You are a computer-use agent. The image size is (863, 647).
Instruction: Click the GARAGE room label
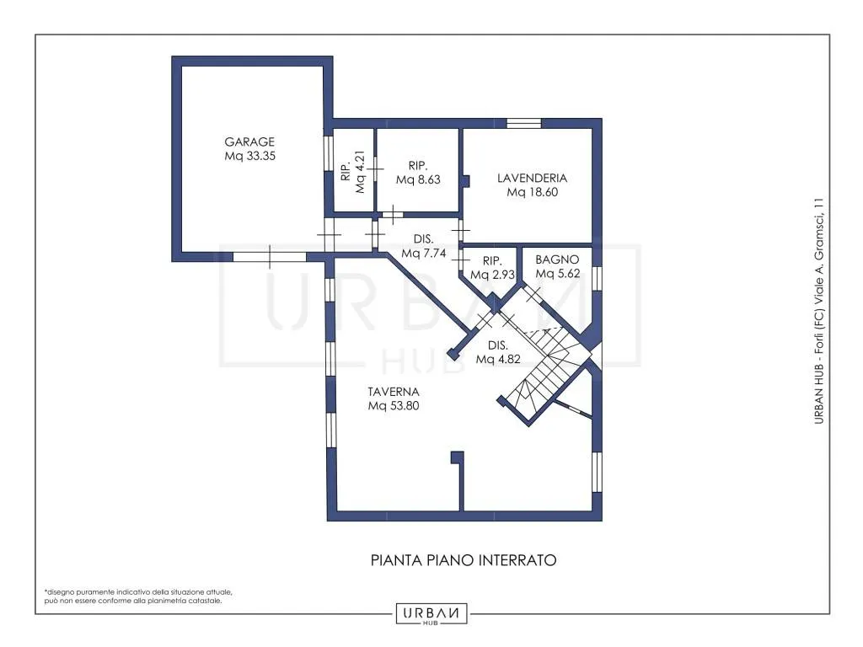[249, 142]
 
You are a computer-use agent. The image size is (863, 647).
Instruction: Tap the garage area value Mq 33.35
[249, 156]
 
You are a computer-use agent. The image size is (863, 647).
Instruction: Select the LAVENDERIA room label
[532, 179]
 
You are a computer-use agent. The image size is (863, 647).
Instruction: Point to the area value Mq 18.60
[533, 193]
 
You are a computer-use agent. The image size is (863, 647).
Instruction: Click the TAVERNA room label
[394, 392]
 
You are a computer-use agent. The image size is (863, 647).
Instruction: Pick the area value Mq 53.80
[394, 406]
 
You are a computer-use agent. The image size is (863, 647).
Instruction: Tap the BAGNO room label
[557, 259]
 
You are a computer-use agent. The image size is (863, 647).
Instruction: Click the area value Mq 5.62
[558, 274]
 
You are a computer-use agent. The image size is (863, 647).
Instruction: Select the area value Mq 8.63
[418, 180]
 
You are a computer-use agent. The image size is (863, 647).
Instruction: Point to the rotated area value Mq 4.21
[361, 172]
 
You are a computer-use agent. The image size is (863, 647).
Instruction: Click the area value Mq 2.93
[492, 275]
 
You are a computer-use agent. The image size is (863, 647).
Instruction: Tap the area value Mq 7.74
[423, 254]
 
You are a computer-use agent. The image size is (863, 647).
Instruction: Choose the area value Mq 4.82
[498, 359]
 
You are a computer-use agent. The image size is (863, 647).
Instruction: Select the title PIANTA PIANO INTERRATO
[464, 560]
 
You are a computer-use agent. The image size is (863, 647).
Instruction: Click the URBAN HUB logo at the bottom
[431, 614]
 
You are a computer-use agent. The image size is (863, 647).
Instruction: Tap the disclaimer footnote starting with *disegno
[138, 596]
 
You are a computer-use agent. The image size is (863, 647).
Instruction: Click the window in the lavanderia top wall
[523, 123]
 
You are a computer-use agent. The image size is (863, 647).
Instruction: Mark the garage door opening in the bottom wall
[269, 257]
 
